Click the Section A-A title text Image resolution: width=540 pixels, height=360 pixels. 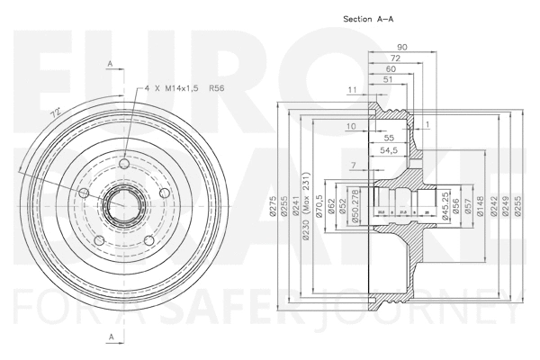(368, 18)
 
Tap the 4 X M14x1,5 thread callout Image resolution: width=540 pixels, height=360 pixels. (172, 89)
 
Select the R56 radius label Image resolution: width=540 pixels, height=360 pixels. (216, 89)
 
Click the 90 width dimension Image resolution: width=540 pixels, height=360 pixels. (400, 46)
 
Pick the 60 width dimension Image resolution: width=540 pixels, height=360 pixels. (391, 69)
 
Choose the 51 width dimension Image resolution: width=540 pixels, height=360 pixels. (387, 81)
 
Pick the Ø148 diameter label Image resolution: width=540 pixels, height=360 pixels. (481, 209)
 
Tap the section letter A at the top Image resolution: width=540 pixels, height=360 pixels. (110, 65)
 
